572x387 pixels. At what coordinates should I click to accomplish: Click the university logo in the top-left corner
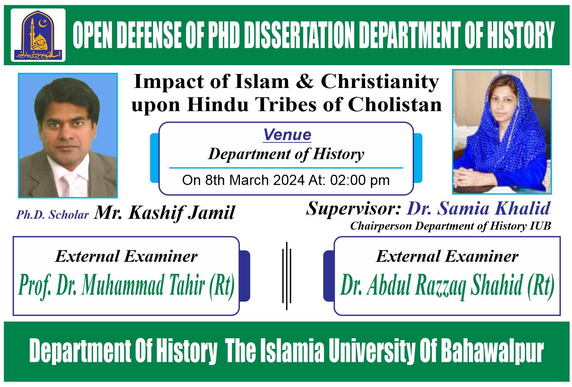coord(38,35)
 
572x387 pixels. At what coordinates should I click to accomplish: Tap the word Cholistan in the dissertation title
coord(394,104)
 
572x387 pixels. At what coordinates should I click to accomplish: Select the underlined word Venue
coord(287,135)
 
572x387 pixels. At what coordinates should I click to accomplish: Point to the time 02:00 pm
coord(360,180)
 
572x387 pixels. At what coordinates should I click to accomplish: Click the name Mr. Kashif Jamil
coord(164,213)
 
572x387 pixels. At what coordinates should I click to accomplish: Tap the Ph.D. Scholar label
coord(52,215)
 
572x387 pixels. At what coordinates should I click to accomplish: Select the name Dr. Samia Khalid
coord(479,209)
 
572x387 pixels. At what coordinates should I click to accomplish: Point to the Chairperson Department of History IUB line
coord(450,226)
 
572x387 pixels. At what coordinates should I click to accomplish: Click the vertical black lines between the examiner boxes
coord(287,276)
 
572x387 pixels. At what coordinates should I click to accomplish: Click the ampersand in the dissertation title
coord(304,81)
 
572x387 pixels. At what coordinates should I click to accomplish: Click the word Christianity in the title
coord(380,81)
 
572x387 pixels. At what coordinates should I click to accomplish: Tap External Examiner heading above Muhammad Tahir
coord(127,256)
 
